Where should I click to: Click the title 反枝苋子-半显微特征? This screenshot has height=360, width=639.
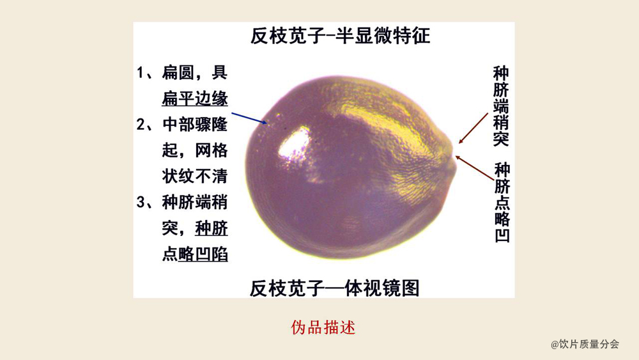tap(340, 36)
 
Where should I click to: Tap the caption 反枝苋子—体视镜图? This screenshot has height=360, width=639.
tap(335, 288)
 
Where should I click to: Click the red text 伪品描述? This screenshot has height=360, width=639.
tap(323, 327)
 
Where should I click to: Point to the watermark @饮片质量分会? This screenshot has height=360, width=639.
tap(585, 344)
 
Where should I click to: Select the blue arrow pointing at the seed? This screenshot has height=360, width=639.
tap(249, 118)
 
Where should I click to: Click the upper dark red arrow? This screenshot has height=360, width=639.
tap(473, 129)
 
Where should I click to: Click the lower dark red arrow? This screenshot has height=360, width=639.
tap(474, 168)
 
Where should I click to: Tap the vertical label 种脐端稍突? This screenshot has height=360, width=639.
tap(501, 106)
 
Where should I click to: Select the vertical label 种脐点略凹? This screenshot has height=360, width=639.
tap(502, 203)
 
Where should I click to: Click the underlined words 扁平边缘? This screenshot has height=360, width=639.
tap(195, 98)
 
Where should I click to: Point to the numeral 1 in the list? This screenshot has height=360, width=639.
tap(140, 72)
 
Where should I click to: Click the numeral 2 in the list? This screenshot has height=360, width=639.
tap(141, 124)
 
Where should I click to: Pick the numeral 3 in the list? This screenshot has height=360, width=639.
tap(141, 202)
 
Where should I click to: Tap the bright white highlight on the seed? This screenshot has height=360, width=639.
tap(294, 146)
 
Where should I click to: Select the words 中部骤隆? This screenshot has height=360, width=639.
tap(195, 124)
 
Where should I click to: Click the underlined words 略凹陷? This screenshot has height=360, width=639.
tap(203, 254)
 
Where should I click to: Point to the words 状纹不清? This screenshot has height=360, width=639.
tap(195, 176)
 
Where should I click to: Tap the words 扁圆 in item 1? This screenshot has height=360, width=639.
tap(178, 72)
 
